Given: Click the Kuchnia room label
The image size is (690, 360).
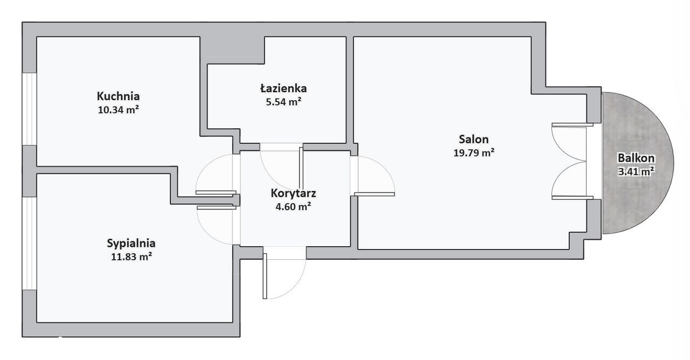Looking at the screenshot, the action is click(118, 96).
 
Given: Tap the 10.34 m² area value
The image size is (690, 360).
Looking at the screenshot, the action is click(118, 109).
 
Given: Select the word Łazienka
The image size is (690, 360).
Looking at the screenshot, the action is click(284, 88).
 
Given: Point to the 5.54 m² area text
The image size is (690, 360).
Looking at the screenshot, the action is click(284, 102).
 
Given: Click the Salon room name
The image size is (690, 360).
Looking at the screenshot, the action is click(474, 140).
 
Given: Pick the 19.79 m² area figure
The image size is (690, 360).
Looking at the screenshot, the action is click(474, 153).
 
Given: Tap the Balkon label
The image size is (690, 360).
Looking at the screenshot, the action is click(636, 158).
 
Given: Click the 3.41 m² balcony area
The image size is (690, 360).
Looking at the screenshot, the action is click(636, 171).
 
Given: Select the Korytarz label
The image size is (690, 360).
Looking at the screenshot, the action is click(293, 193).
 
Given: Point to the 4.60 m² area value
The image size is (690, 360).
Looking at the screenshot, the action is click(293, 206).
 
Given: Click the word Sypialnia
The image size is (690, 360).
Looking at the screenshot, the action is click(131, 244).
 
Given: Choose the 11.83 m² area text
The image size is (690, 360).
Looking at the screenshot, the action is click(131, 257).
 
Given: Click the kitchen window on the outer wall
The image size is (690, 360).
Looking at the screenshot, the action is click(30, 109).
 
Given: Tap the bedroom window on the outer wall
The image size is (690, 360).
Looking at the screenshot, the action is click(30, 243).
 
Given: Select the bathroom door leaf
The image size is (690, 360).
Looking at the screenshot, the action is click(301, 169).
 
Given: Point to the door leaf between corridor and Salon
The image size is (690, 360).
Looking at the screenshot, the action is click(374, 194).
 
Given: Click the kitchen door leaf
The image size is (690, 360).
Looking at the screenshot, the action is click(216, 192).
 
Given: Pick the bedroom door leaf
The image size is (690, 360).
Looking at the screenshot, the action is click(217, 208).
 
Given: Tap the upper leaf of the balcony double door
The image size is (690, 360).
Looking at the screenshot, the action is click(572, 124).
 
